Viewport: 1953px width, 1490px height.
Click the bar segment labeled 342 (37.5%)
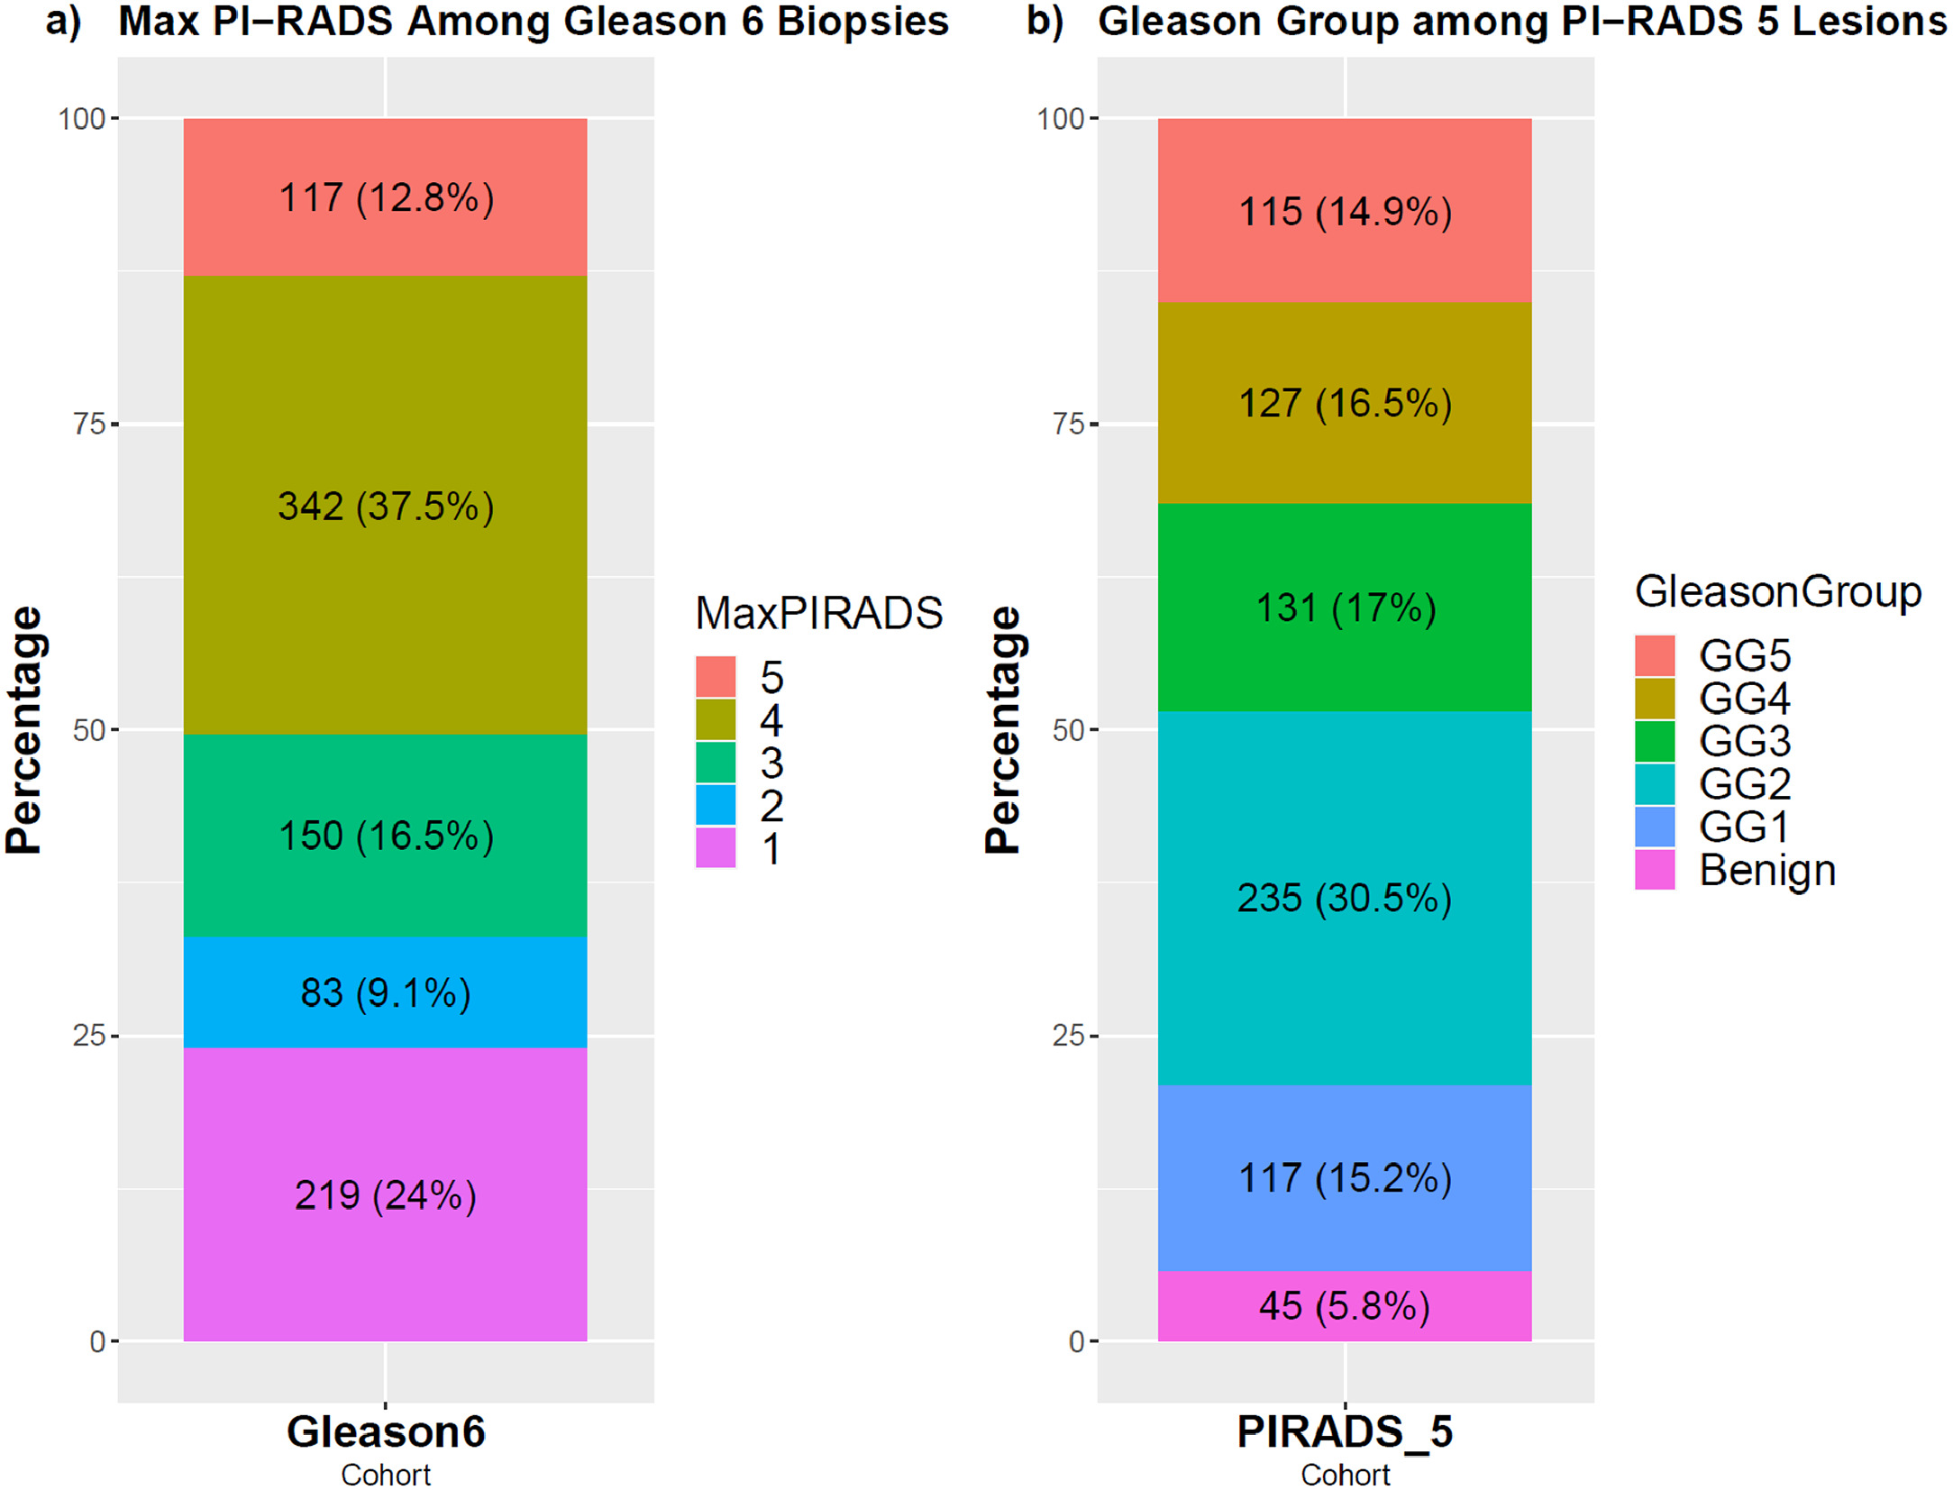(385, 505)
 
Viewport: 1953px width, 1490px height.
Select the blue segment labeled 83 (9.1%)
(385, 992)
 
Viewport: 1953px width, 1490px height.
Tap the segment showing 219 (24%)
(385, 1194)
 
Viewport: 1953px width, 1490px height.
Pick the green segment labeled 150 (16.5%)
(385, 835)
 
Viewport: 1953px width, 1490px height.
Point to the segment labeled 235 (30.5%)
(1344, 898)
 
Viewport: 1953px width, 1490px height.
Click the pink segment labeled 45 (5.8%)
(1344, 1305)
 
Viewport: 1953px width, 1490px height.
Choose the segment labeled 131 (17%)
(1344, 607)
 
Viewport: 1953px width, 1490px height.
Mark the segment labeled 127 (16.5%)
(1344, 402)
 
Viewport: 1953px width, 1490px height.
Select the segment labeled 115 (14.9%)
(1344, 211)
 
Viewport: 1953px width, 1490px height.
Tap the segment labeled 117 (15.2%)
(1344, 1177)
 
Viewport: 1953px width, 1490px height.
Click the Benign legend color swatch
(1655, 870)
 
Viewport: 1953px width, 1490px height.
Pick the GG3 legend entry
(1744, 741)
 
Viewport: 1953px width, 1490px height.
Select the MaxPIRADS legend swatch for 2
(716, 805)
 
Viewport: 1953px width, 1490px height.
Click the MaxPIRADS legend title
(818, 613)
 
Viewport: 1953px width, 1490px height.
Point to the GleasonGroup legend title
(1777, 591)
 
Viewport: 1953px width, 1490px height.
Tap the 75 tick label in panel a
(90, 424)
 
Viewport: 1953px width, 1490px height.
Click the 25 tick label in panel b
(1069, 1035)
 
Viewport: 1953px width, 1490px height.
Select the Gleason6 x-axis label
(386, 1431)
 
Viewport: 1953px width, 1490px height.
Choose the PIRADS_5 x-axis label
(1345, 1431)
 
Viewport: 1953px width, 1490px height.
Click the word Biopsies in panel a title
(862, 22)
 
